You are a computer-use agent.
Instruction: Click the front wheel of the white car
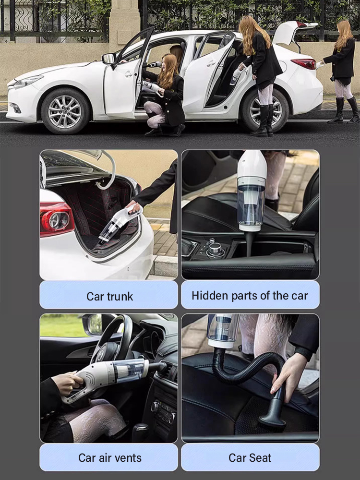click(65, 111)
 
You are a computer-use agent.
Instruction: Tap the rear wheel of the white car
click(265, 110)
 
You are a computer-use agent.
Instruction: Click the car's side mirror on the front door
click(109, 59)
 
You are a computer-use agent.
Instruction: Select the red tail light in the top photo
click(304, 64)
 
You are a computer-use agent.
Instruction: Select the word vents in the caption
click(128, 457)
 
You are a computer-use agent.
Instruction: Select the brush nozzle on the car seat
click(274, 413)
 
